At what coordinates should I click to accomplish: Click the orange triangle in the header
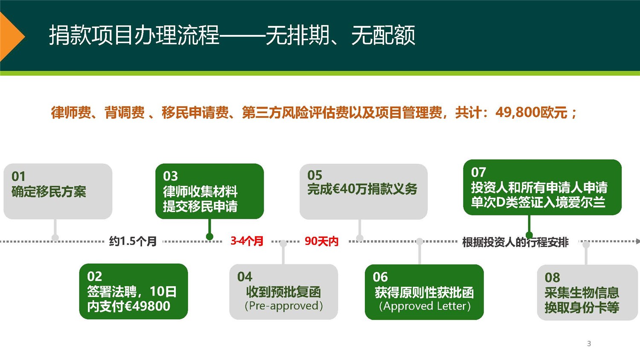coord(11,37)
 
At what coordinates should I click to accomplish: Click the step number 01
coord(19,176)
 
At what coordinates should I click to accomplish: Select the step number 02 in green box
coord(94,276)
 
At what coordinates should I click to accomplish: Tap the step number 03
coord(170,176)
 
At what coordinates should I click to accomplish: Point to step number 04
coord(245,277)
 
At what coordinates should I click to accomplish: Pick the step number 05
coord(315,175)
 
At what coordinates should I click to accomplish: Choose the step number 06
coord(380,277)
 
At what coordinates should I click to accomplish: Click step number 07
coord(478,172)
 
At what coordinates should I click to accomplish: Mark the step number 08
coord(552,278)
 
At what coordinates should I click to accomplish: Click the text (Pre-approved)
coord(284,306)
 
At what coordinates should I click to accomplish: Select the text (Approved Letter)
coord(425,306)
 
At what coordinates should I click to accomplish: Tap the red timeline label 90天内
coord(321,241)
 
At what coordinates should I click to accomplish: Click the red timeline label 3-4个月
coord(247,241)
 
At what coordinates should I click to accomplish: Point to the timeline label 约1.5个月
coord(133,241)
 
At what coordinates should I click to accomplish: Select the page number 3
coord(589,343)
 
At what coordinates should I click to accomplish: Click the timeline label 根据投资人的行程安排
coord(515,242)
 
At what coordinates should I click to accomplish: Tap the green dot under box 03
coord(209,237)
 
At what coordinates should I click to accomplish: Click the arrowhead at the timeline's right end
coord(637,241)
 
